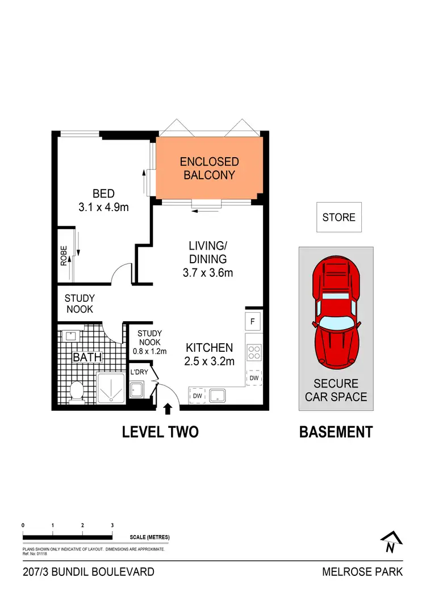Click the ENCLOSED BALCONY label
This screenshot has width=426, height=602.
pyautogui.click(x=209, y=169)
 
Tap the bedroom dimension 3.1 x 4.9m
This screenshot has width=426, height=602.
pyautogui.click(x=103, y=207)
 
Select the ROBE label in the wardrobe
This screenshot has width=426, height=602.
pyautogui.click(x=64, y=255)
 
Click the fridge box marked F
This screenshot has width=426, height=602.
pyautogui.click(x=253, y=321)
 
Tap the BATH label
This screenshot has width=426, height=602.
pyautogui.click(x=87, y=357)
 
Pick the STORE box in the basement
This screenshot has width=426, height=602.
pyautogui.click(x=339, y=217)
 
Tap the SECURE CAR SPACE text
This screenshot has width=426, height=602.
pyautogui.click(x=336, y=390)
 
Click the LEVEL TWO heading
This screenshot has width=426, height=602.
pyautogui.click(x=160, y=432)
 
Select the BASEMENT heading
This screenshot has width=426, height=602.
pyautogui.click(x=336, y=432)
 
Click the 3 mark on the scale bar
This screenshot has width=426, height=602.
pyautogui.click(x=112, y=525)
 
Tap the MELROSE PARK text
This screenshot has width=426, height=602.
pyautogui.click(x=362, y=572)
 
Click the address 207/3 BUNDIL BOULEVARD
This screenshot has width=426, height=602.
pyautogui.click(x=89, y=572)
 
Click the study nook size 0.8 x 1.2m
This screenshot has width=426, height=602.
pyautogui.click(x=149, y=351)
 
